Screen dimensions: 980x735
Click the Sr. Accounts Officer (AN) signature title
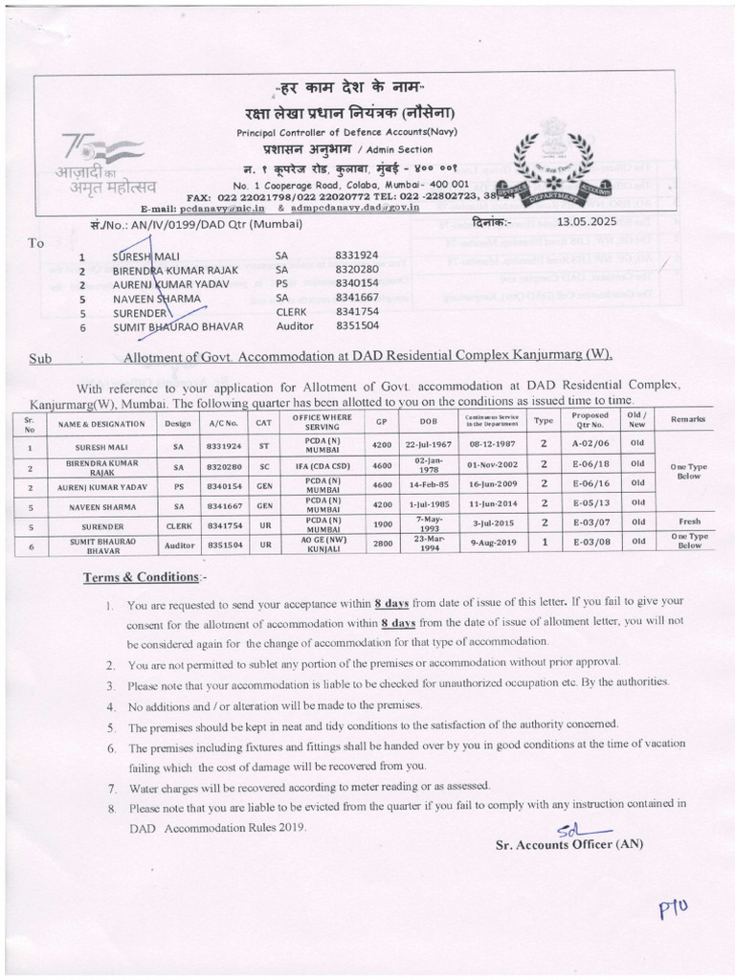(x=569, y=843)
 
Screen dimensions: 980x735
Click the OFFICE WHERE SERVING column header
(x=322, y=421)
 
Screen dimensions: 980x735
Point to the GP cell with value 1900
(x=381, y=523)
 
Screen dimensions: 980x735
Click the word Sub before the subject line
(x=40, y=358)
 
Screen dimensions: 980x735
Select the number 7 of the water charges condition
(x=113, y=787)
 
